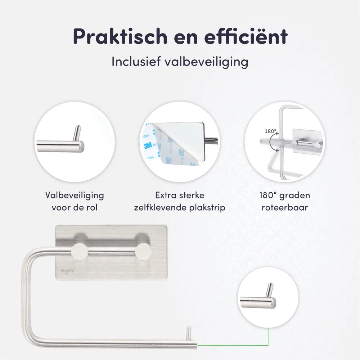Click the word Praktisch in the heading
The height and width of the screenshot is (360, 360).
tap(120, 37)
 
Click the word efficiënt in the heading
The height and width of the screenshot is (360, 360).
tap(246, 36)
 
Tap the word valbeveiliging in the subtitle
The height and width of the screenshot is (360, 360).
tap(206, 62)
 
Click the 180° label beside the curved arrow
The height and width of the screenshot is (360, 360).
tap(270, 131)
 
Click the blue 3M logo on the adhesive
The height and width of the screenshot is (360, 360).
tap(148, 145)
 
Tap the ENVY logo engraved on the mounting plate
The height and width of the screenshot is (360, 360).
tap(67, 271)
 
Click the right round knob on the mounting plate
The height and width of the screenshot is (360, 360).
tap(143, 252)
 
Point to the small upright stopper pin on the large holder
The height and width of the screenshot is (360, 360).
tap(188, 334)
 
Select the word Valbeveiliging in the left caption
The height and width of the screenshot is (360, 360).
tap(75, 195)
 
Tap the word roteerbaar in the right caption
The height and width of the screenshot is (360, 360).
tap(285, 207)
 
